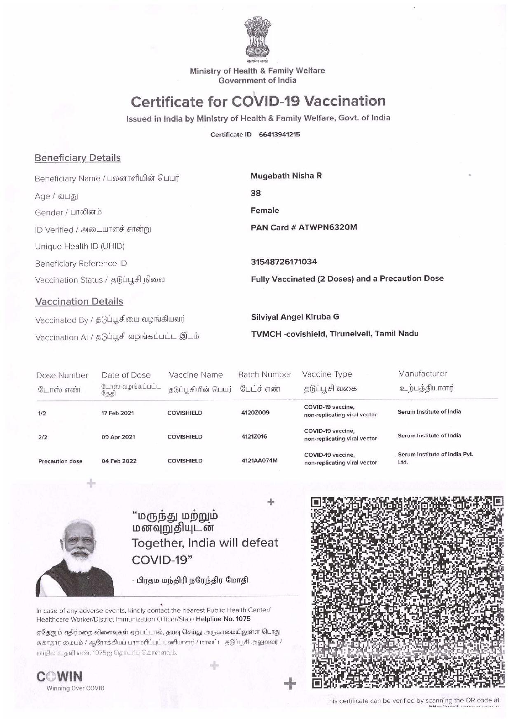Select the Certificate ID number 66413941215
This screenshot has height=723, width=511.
pyautogui.click(x=279, y=135)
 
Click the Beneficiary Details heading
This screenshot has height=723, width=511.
pyautogui.click(x=77, y=158)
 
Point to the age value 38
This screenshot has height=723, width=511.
pyautogui.click(x=256, y=193)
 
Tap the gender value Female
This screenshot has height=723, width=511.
pyautogui.click(x=265, y=211)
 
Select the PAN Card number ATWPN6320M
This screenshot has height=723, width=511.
pyautogui.click(x=328, y=227)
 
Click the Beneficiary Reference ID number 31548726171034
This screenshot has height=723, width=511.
pyautogui.click(x=284, y=262)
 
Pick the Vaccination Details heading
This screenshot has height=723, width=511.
pyautogui.click(x=79, y=301)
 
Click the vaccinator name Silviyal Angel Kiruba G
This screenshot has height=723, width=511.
pyautogui.click(x=295, y=317)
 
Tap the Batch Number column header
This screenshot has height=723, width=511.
pyautogui.click(x=265, y=375)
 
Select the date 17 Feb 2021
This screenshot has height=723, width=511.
pyautogui.click(x=118, y=413)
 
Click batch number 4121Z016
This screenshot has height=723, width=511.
pyautogui.click(x=254, y=437)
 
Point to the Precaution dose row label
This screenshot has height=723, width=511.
pyautogui.click(x=60, y=461)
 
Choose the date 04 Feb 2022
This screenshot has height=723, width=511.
pyautogui.click(x=119, y=461)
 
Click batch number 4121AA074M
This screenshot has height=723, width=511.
pyautogui.click(x=259, y=460)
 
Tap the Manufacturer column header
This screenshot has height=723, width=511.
pyautogui.click(x=422, y=374)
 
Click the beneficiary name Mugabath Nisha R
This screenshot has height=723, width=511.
pyautogui.click(x=286, y=176)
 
